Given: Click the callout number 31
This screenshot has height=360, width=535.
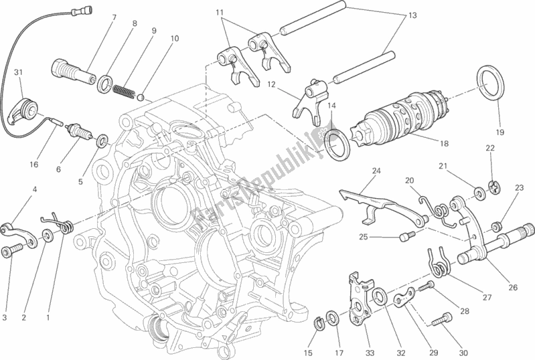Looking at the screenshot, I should (x=18, y=73).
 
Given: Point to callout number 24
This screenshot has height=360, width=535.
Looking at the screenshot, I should (x=377, y=171).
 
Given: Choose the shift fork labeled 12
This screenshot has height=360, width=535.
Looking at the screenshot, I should (x=311, y=97).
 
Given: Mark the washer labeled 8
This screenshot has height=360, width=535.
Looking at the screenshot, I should (x=106, y=84).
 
